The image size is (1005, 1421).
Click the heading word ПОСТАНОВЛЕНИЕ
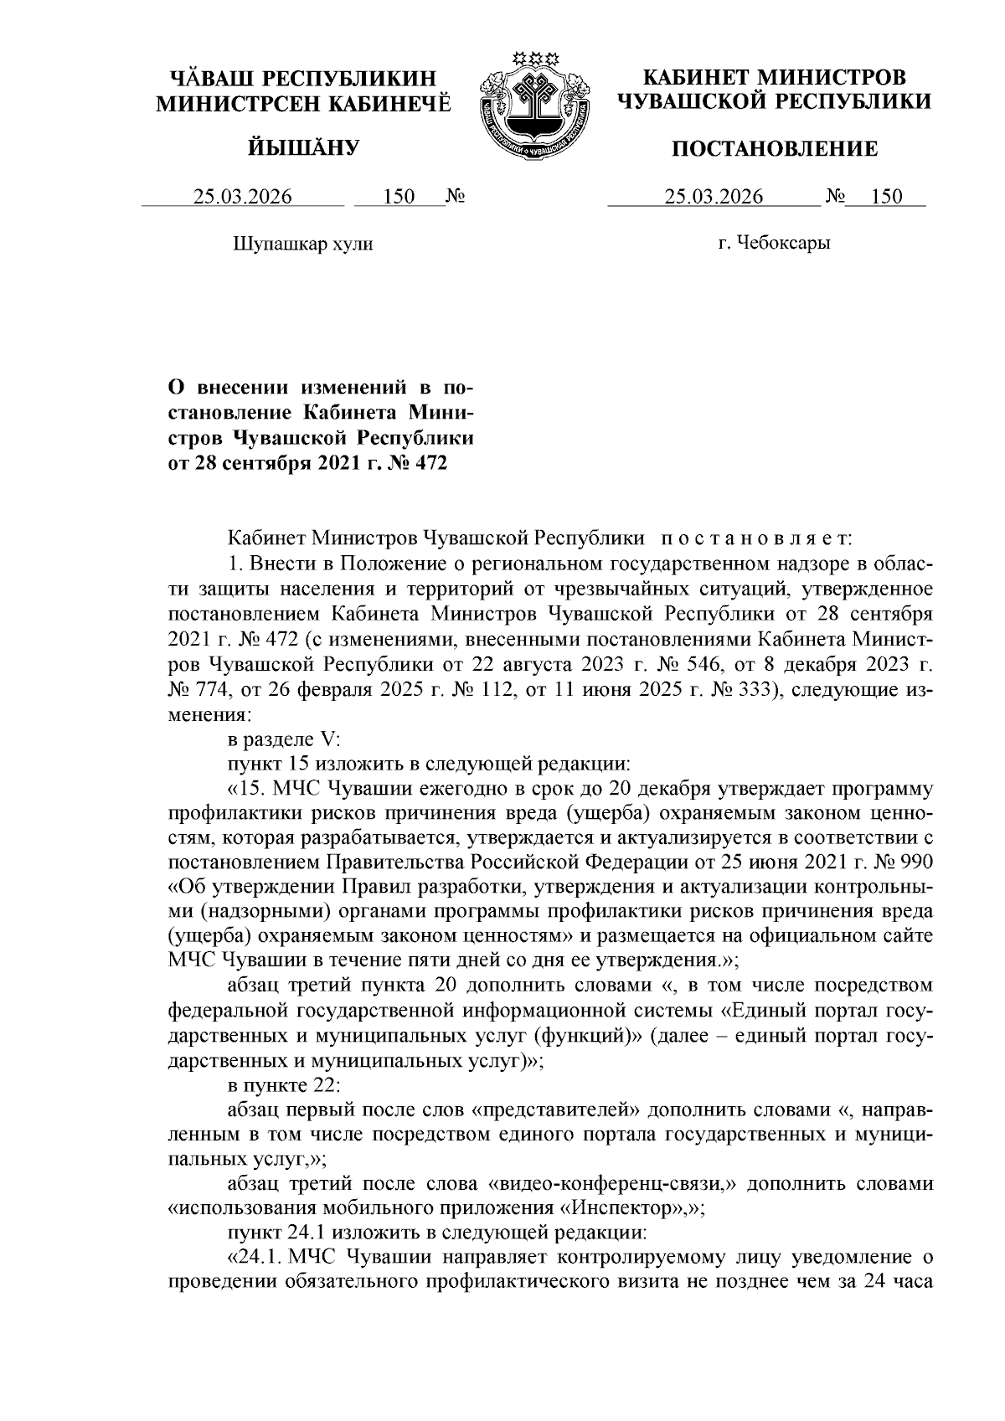(776, 150)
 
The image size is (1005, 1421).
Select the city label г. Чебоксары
(774, 245)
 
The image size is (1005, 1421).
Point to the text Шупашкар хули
(301, 245)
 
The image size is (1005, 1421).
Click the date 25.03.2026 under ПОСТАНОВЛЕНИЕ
(714, 197)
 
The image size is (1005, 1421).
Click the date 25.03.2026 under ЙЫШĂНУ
(243, 197)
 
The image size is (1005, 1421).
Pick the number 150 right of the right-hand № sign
(886, 197)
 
